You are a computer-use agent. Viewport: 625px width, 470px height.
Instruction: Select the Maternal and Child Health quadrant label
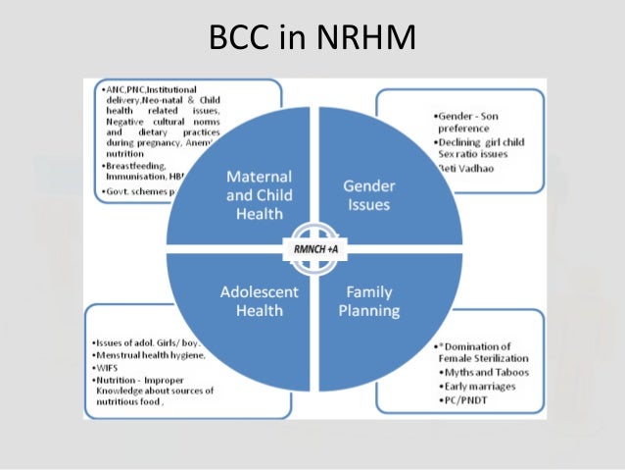259,193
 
